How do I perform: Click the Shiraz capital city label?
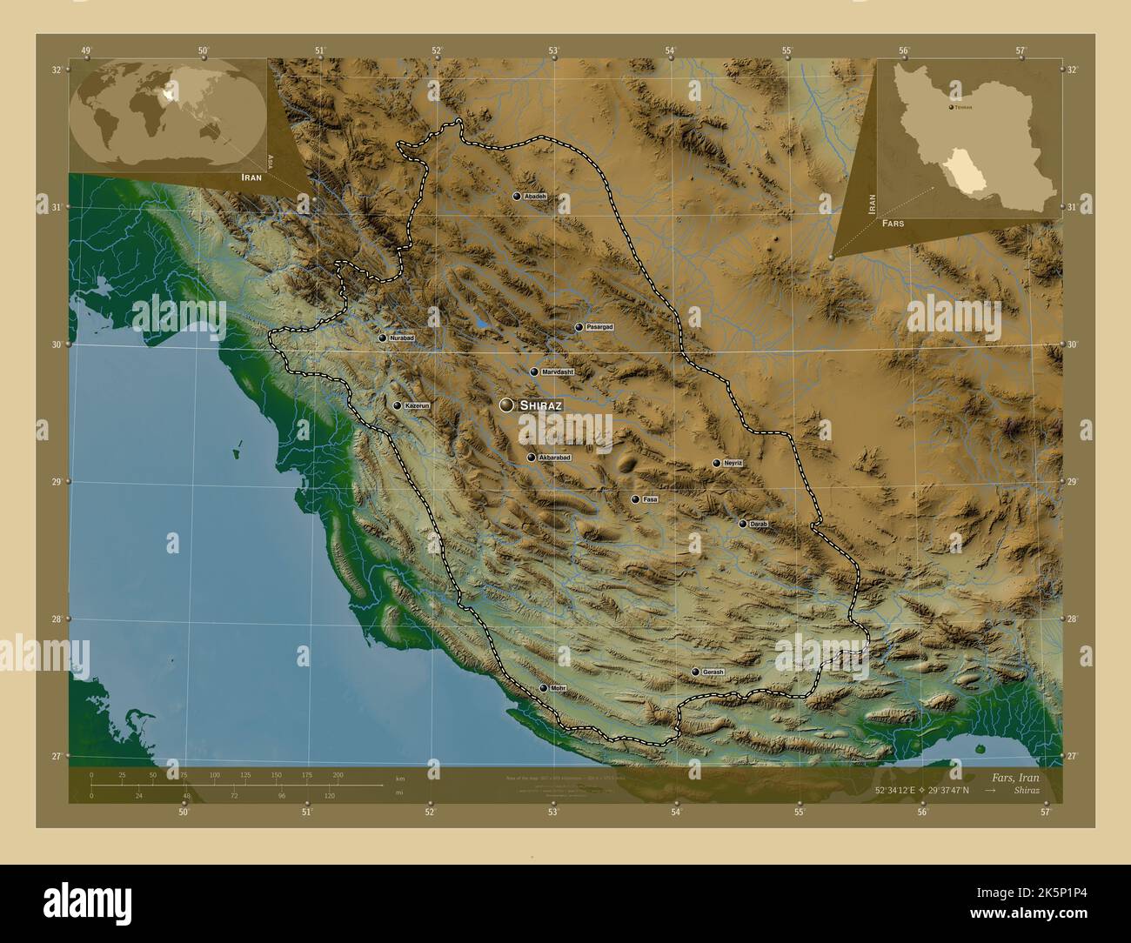540,405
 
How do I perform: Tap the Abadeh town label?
535,197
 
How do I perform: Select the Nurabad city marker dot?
382,338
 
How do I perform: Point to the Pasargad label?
599,327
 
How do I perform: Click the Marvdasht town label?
559,371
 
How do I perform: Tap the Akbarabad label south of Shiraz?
554,458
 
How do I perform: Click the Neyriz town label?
733,463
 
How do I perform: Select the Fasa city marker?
635,499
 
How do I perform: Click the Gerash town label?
713,672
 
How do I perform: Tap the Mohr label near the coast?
558,688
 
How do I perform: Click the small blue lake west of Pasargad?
481,323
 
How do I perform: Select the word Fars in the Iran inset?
892,224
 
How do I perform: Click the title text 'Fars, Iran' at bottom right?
1014,776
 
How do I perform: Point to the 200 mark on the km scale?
338,774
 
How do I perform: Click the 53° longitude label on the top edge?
553,50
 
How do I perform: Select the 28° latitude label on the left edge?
57,619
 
